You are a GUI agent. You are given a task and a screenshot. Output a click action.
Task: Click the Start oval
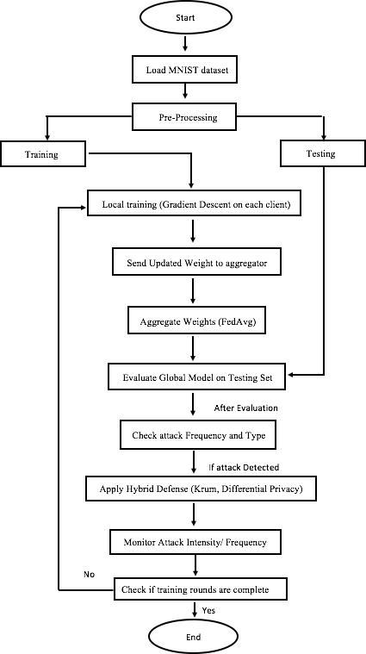click(185, 18)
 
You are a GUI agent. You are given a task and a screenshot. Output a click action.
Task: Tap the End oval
click(194, 637)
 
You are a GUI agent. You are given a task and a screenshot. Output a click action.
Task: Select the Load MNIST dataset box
click(187, 69)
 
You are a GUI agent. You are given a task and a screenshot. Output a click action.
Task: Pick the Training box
click(43, 154)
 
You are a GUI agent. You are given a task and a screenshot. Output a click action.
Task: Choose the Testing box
click(323, 153)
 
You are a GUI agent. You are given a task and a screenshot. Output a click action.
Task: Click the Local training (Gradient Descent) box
click(194, 204)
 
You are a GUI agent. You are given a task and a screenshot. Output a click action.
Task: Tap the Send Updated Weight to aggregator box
click(196, 263)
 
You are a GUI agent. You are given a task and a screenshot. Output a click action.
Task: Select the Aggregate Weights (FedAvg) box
click(196, 321)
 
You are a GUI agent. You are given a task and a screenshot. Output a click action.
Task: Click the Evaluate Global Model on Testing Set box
click(197, 377)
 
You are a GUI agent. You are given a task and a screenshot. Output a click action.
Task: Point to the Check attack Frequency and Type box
click(199, 435)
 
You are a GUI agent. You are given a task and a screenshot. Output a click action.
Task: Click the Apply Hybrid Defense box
click(200, 489)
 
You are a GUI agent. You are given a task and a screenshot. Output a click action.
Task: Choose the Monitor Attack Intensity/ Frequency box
click(195, 542)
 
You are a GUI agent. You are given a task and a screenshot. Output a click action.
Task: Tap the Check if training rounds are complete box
click(201, 589)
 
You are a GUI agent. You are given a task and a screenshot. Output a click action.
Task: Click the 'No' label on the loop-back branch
click(90, 575)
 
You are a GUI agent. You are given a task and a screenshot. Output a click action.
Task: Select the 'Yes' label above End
click(208, 610)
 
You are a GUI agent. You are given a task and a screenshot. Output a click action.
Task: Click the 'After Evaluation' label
click(246, 408)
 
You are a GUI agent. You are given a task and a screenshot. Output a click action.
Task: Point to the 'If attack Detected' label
click(244, 467)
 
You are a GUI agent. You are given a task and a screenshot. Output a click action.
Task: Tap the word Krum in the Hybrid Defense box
click(203, 489)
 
